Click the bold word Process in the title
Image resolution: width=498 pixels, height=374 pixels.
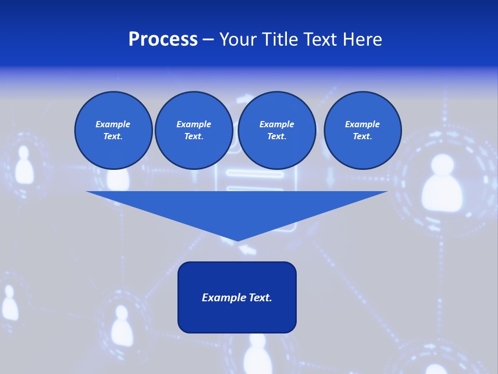[x=163, y=39]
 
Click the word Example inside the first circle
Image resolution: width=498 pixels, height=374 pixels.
[x=113, y=124]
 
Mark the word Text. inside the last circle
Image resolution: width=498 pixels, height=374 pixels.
[x=362, y=136]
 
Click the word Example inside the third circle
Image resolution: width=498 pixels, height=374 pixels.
[x=276, y=124]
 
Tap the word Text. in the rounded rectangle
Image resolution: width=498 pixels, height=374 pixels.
[x=260, y=298]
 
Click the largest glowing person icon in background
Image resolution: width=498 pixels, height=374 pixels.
[x=441, y=184]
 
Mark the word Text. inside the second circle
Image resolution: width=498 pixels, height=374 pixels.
[x=193, y=136]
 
